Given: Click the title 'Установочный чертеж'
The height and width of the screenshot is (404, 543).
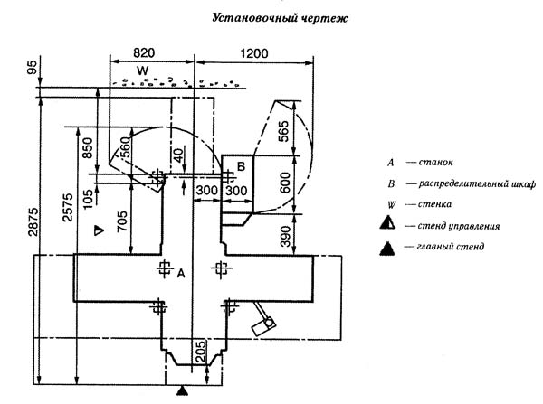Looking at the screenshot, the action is tap(280, 18).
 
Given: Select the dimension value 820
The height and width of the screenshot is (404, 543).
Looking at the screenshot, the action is tap(144, 53).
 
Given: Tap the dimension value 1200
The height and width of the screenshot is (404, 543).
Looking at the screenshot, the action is tap(254, 53).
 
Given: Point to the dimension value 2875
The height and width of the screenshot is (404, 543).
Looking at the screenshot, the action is tap(33, 221).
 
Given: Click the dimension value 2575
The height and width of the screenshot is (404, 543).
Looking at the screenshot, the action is tap(68, 207).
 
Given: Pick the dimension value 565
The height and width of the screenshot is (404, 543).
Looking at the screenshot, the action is tap(283, 131).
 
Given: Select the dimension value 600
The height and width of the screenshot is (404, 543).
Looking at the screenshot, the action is tap(285, 183).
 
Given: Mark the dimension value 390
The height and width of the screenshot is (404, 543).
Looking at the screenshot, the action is tap(285, 237).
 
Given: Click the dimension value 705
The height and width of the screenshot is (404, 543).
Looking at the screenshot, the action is tap(122, 221).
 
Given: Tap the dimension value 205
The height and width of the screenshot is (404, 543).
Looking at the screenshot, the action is tap(201, 351).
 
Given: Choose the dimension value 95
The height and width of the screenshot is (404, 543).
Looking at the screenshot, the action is tap(32, 68).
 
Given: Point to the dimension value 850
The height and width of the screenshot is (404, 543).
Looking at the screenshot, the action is tap(88, 147).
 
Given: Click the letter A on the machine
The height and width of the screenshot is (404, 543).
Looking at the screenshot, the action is tap(181, 274).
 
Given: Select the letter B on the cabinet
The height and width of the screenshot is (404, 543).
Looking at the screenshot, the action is tap(242, 166).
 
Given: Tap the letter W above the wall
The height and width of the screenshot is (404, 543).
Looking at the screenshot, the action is tap(142, 70).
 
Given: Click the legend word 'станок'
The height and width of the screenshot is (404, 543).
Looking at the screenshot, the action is tap(435, 162).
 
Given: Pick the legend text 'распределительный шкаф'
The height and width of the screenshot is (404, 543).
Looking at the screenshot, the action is tap(477, 183).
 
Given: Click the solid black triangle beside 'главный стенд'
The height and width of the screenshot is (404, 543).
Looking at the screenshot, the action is tap(386, 249).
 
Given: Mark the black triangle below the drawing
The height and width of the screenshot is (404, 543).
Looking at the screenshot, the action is tap(182, 390).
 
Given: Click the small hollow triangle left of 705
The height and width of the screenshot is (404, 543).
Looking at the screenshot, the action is tap(100, 230).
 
